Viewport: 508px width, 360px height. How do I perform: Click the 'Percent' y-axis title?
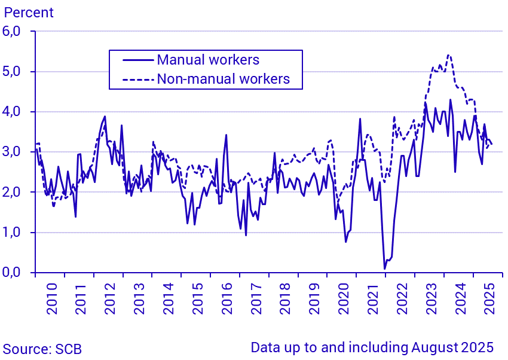point(28,12)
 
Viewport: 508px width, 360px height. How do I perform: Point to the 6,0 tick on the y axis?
point(16,32)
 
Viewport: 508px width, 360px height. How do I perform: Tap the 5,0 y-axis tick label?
point(16,72)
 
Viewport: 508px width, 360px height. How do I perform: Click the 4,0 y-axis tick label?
point(16,112)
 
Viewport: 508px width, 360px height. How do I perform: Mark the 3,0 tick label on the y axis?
point(16,152)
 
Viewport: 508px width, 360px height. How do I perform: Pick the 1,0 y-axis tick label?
point(16,233)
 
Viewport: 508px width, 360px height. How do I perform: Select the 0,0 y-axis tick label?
point(16,273)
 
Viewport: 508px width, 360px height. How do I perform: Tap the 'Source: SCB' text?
point(42,349)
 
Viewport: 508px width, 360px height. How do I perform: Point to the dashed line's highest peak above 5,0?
point(448,55)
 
